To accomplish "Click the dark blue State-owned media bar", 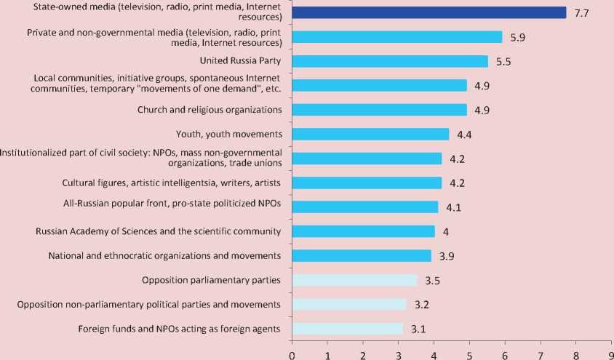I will pos(428,12).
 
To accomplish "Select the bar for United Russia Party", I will pos(390,61).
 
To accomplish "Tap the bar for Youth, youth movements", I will pos(370,134).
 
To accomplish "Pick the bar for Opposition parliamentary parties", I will pos(354,280).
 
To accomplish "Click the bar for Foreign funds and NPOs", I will pos(347,329).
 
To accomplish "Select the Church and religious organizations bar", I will pos(379,110).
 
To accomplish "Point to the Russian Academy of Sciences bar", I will pos(363,231).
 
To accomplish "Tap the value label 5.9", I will pos(517,37).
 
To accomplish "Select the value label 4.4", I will pos(464,135).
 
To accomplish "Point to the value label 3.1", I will pos(418,329).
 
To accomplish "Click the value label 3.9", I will pos(446,256).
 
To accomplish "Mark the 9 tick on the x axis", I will pos(610,353).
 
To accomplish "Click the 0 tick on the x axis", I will pos(292,353).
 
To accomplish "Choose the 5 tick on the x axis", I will pos(469,353).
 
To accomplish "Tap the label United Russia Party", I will pos(240,61).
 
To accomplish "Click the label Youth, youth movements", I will pos(228,134).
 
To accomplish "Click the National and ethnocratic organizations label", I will pos(164,255).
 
